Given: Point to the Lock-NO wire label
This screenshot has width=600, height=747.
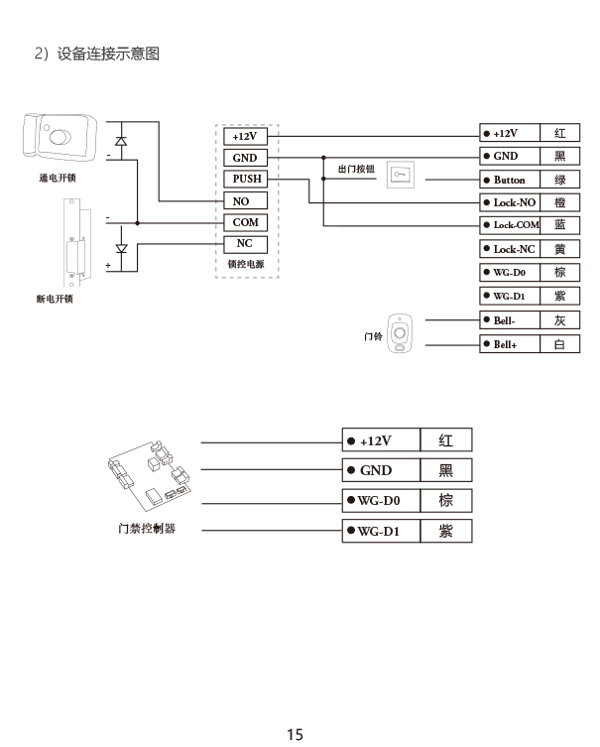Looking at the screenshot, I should [510, 202].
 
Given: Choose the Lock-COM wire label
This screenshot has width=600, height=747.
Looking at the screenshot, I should [510, 225].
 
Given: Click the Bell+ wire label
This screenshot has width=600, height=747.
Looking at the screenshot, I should [510, 344].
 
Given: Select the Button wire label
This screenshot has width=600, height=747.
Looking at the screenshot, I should [510, 180].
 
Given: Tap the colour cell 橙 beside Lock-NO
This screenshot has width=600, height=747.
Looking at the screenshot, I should [560, 202].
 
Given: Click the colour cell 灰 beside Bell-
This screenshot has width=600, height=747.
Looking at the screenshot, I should [560, 320].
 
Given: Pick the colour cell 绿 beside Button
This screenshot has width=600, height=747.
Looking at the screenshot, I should [560, 180].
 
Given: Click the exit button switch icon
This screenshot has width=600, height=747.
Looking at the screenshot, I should [400, 175].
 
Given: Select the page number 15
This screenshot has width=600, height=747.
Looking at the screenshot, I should [295, 734].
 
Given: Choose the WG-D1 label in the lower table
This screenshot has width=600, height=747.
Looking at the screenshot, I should [381, 532].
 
